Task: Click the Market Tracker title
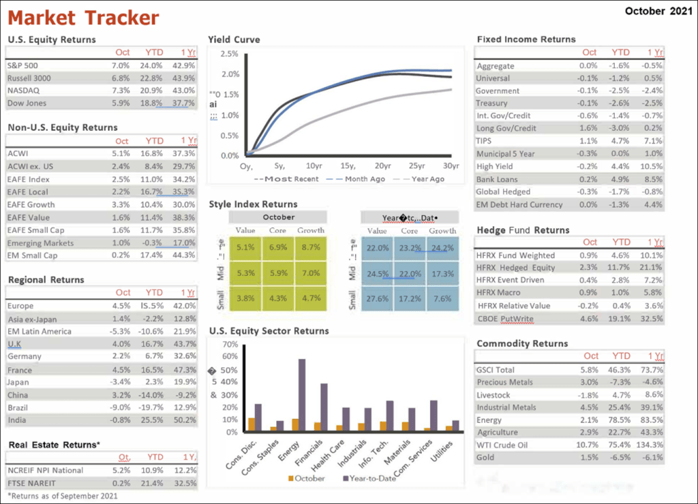click(84, 17)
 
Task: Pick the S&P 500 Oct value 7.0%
click(121, 65)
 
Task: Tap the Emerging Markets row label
click(41, 243)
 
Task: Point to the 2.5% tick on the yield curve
click(230, 54)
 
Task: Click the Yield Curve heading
click(234, 40)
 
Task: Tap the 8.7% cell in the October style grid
click(310, 248)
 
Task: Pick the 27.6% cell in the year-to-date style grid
click(378, 298)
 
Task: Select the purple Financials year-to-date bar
click(324, 407)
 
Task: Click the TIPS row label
click(485, 141)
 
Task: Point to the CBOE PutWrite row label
click(505, 319)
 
